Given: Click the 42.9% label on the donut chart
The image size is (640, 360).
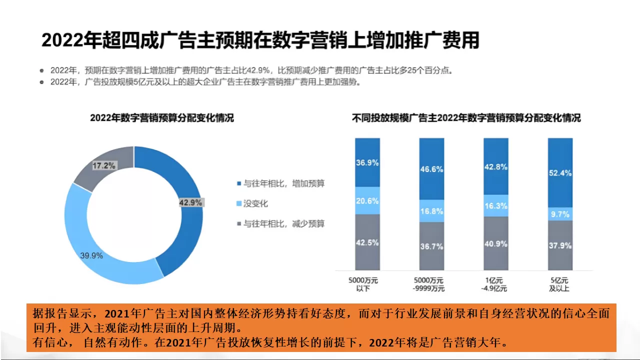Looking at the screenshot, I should (x=190, y=202).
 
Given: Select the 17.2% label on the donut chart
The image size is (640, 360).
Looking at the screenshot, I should (x=104, y=165).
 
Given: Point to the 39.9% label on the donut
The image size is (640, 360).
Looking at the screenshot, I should (x=91, y=255).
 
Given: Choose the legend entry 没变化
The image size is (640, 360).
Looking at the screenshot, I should (x=255, y=203).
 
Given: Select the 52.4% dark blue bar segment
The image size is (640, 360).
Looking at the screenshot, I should (x=560, y=172).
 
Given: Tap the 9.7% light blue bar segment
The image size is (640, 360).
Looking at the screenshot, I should (x=560, y=214).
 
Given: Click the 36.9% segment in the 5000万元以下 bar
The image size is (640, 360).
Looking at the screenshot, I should (x=367, y=162).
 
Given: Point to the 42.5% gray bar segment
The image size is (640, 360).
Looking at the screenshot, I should (x=367, y=242).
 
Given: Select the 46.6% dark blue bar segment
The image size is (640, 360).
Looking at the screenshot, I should (x=431, y=169).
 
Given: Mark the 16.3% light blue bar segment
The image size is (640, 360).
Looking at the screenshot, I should (x=496, y=205).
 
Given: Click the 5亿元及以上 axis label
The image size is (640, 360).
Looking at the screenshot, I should (x=560, y=284).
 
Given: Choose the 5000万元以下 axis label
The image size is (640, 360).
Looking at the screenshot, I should (x=367, y=284).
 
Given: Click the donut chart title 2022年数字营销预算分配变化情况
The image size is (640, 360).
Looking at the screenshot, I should (x=162, y=118).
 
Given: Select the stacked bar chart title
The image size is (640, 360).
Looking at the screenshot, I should (x=466, y=118).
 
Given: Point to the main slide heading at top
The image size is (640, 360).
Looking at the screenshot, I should (x=260, y=40).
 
